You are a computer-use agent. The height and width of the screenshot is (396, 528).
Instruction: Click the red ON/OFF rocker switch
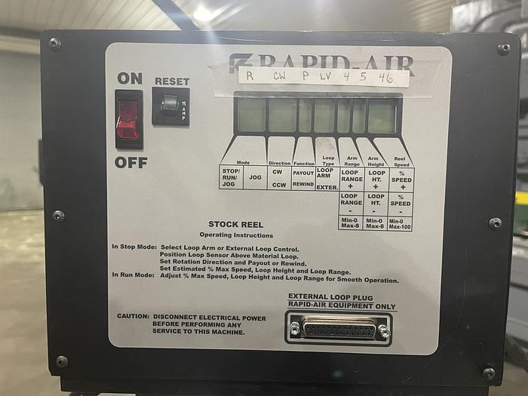(128, 119)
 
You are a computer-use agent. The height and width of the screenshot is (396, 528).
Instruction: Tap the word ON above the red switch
(130, 78)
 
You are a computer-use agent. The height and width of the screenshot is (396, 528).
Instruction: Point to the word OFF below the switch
(131, 163)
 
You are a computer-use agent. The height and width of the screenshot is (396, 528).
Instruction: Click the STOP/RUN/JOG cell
(231, 177)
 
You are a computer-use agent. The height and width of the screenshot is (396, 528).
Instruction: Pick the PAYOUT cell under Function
(303, 172)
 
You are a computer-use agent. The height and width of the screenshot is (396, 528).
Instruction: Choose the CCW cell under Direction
(278, 184)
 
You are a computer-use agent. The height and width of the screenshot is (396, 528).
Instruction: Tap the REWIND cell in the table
(303, 184)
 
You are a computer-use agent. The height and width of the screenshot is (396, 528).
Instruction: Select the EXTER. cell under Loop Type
(326, 186)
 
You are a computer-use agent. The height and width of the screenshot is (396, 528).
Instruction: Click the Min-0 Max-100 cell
(401, 224)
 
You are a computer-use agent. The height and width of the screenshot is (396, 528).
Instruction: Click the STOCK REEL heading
(235, 224)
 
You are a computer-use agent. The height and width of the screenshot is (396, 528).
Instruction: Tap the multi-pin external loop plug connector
(338, 330)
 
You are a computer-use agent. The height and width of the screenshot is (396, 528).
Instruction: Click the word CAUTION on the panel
(133, 318)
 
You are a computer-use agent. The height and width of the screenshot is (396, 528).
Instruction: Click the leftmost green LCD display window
(251, 115)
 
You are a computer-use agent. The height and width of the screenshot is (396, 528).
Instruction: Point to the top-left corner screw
(54, 44)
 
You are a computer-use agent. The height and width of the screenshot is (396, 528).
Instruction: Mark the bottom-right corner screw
(488, 373)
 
